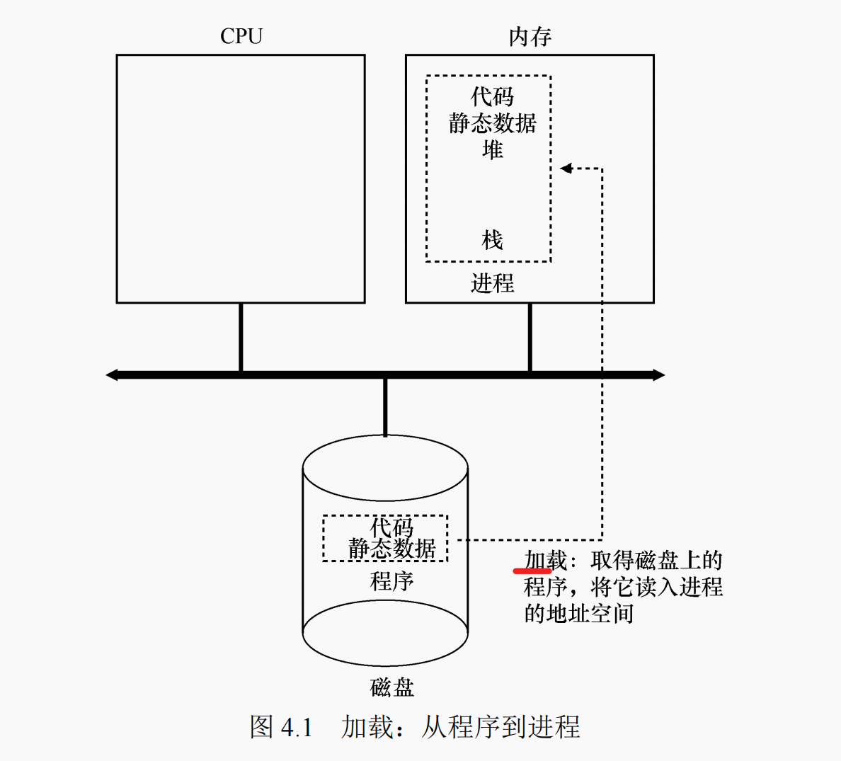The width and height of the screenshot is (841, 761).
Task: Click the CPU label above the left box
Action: [x=241, y=36]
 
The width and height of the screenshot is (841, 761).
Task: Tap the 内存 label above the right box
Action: [x=530, y=37]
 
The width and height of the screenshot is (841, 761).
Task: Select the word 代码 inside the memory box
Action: [x=492, y=97]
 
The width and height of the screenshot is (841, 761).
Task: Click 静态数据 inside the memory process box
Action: [x=492, y=123]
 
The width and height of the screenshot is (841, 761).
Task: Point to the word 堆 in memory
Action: [x=492, y=149]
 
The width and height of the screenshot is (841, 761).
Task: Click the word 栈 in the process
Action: [x=492, y=240]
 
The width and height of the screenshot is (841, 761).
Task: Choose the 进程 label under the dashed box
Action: [x=492, y=283]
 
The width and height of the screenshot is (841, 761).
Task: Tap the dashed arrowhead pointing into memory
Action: [x=566, y=168]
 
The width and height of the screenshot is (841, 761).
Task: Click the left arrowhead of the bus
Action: [x=112, y=374]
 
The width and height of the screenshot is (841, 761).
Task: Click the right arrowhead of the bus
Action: [x=658, y=374]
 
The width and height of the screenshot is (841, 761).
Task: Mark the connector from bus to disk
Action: [x=385, y=407]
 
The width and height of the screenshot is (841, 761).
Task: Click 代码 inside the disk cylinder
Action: [x=391, y=527]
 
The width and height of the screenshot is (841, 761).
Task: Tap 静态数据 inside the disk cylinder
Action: [x=391, y=549]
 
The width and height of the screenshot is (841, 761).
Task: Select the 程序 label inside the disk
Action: [x=391, y=581]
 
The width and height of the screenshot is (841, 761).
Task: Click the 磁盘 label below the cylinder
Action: [x=391, y=687]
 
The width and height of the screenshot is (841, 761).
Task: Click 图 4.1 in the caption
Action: [x=281, y=727]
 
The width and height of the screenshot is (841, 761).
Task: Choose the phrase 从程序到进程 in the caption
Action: [x=500, y=727]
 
